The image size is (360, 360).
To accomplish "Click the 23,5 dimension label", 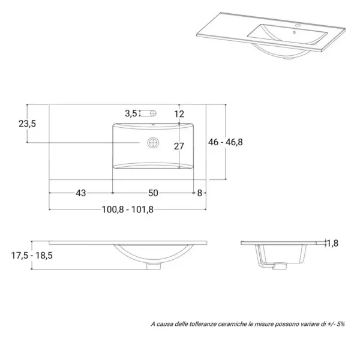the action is click(x=28, y=124).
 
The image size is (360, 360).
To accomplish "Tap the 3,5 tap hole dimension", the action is click(x=131, y=113).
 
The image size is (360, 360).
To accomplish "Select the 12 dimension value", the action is click(x=179, y=114).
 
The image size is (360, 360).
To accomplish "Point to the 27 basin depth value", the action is click(x=179, y=146).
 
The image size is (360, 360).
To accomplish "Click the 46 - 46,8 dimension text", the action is click(x=226, y=142).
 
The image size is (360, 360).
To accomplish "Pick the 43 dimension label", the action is click(x=81, y=193).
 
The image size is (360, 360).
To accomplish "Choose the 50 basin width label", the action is click(x=153, y=193).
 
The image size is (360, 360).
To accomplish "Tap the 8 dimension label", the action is click(x=200, y=193).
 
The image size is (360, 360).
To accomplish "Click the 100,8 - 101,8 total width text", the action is click(x=128, y=209).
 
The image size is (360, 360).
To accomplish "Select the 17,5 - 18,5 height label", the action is click(x=32, y=256).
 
